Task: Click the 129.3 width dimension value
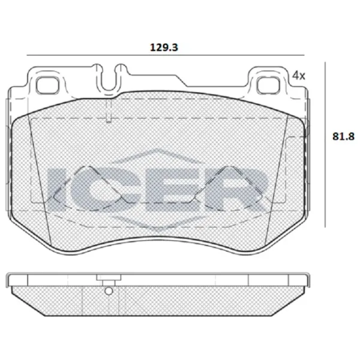[160, 46]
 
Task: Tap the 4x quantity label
[298, 76]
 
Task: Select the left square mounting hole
[45, 86]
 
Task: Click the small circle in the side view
[108, 292]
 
